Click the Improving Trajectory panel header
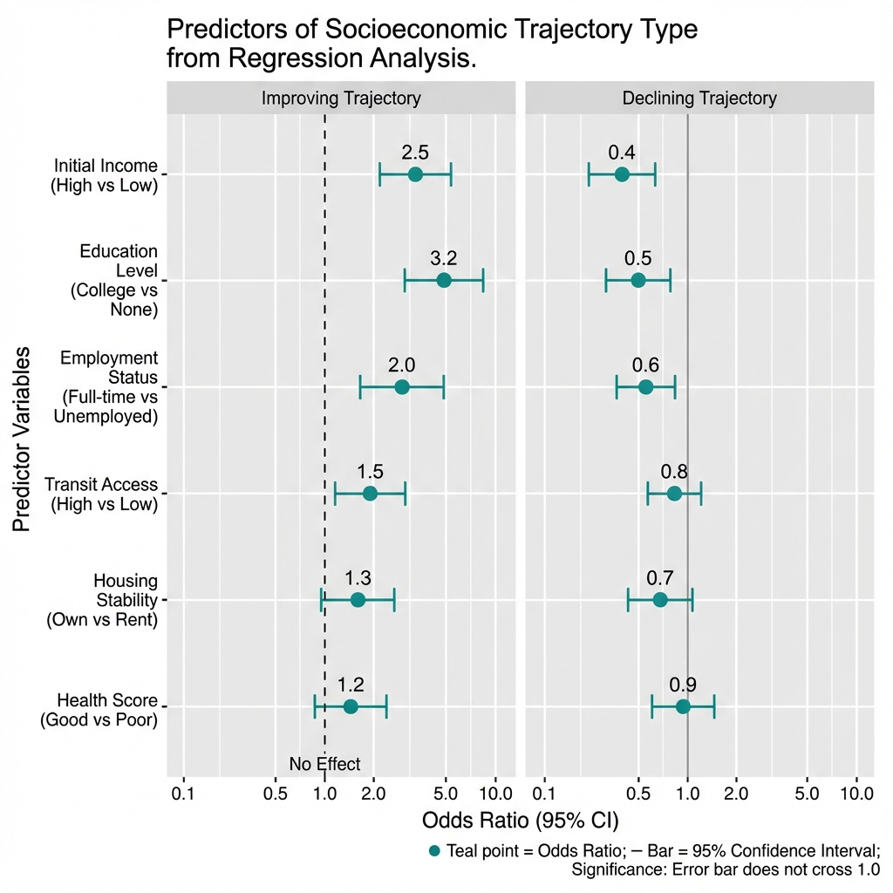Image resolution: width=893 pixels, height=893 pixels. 341,98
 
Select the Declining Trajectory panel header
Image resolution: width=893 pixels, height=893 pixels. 699,98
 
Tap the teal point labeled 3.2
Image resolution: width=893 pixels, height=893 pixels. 444,280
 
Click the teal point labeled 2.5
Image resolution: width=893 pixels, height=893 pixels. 415,174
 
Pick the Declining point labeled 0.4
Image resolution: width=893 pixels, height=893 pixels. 622,174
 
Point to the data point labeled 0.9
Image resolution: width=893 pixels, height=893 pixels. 683,706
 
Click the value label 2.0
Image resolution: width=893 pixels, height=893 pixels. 401,365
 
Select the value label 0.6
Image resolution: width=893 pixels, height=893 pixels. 646,365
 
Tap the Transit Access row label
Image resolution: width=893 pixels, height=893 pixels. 101,494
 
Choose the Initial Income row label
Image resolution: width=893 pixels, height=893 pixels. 105,174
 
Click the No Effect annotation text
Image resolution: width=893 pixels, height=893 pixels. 324,764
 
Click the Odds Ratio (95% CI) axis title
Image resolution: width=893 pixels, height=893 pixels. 520,821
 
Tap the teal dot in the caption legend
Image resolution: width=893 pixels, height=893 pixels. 434,850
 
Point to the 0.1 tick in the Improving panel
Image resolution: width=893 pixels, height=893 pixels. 183,794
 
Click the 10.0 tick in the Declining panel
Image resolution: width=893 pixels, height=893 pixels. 856,794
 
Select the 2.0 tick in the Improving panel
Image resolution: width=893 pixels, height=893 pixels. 374,794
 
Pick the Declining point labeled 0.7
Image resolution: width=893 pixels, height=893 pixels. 660,600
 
